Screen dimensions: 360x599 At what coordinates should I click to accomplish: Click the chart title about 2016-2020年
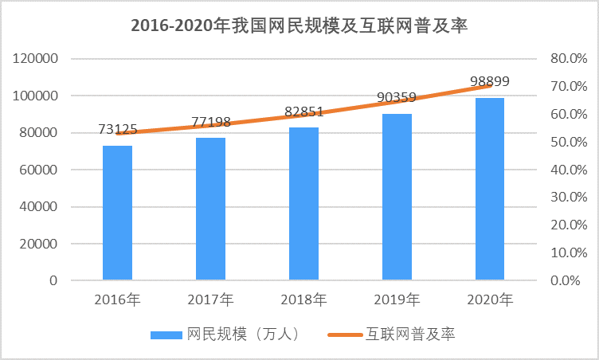(x=299, y=26)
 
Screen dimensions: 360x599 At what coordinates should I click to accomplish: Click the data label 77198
(x=210, y=122)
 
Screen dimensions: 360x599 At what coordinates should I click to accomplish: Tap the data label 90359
(x=397, y=98)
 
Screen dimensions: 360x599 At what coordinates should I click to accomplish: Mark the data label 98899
(x=490, y=81)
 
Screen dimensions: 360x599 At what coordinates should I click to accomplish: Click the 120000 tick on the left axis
(x=35, y=59)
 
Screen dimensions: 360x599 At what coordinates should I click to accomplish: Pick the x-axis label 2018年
(x=303, y=300)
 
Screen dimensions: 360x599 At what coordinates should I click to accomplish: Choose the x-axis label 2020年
(x=490, y=300)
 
